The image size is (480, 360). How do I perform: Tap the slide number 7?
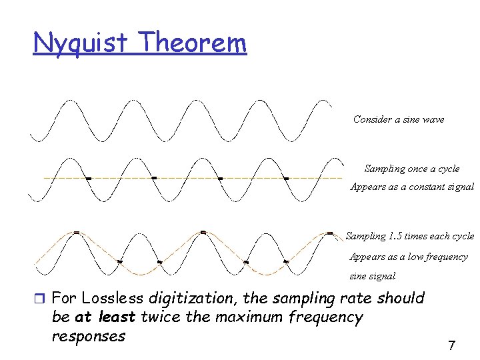(x=451, y=345)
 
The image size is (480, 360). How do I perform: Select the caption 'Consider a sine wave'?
(x=399, y=119)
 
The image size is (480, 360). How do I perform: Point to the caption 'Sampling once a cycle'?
(x=412, y=169)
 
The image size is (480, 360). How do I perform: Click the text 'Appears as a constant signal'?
(x=412, y=187)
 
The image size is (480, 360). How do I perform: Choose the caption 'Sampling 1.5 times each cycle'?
(x=410, y=236)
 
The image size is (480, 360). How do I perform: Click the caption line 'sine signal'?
(x=373, y=276)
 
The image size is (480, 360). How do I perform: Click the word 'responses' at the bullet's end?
(x=88, y=335)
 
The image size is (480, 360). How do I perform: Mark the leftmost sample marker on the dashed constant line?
(x=87, y=178)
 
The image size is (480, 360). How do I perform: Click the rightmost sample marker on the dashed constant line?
(x=286, y=178)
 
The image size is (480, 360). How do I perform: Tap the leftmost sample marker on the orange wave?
(x=77, y=232)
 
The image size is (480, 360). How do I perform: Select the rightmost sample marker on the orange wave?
(x=329, y=233)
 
